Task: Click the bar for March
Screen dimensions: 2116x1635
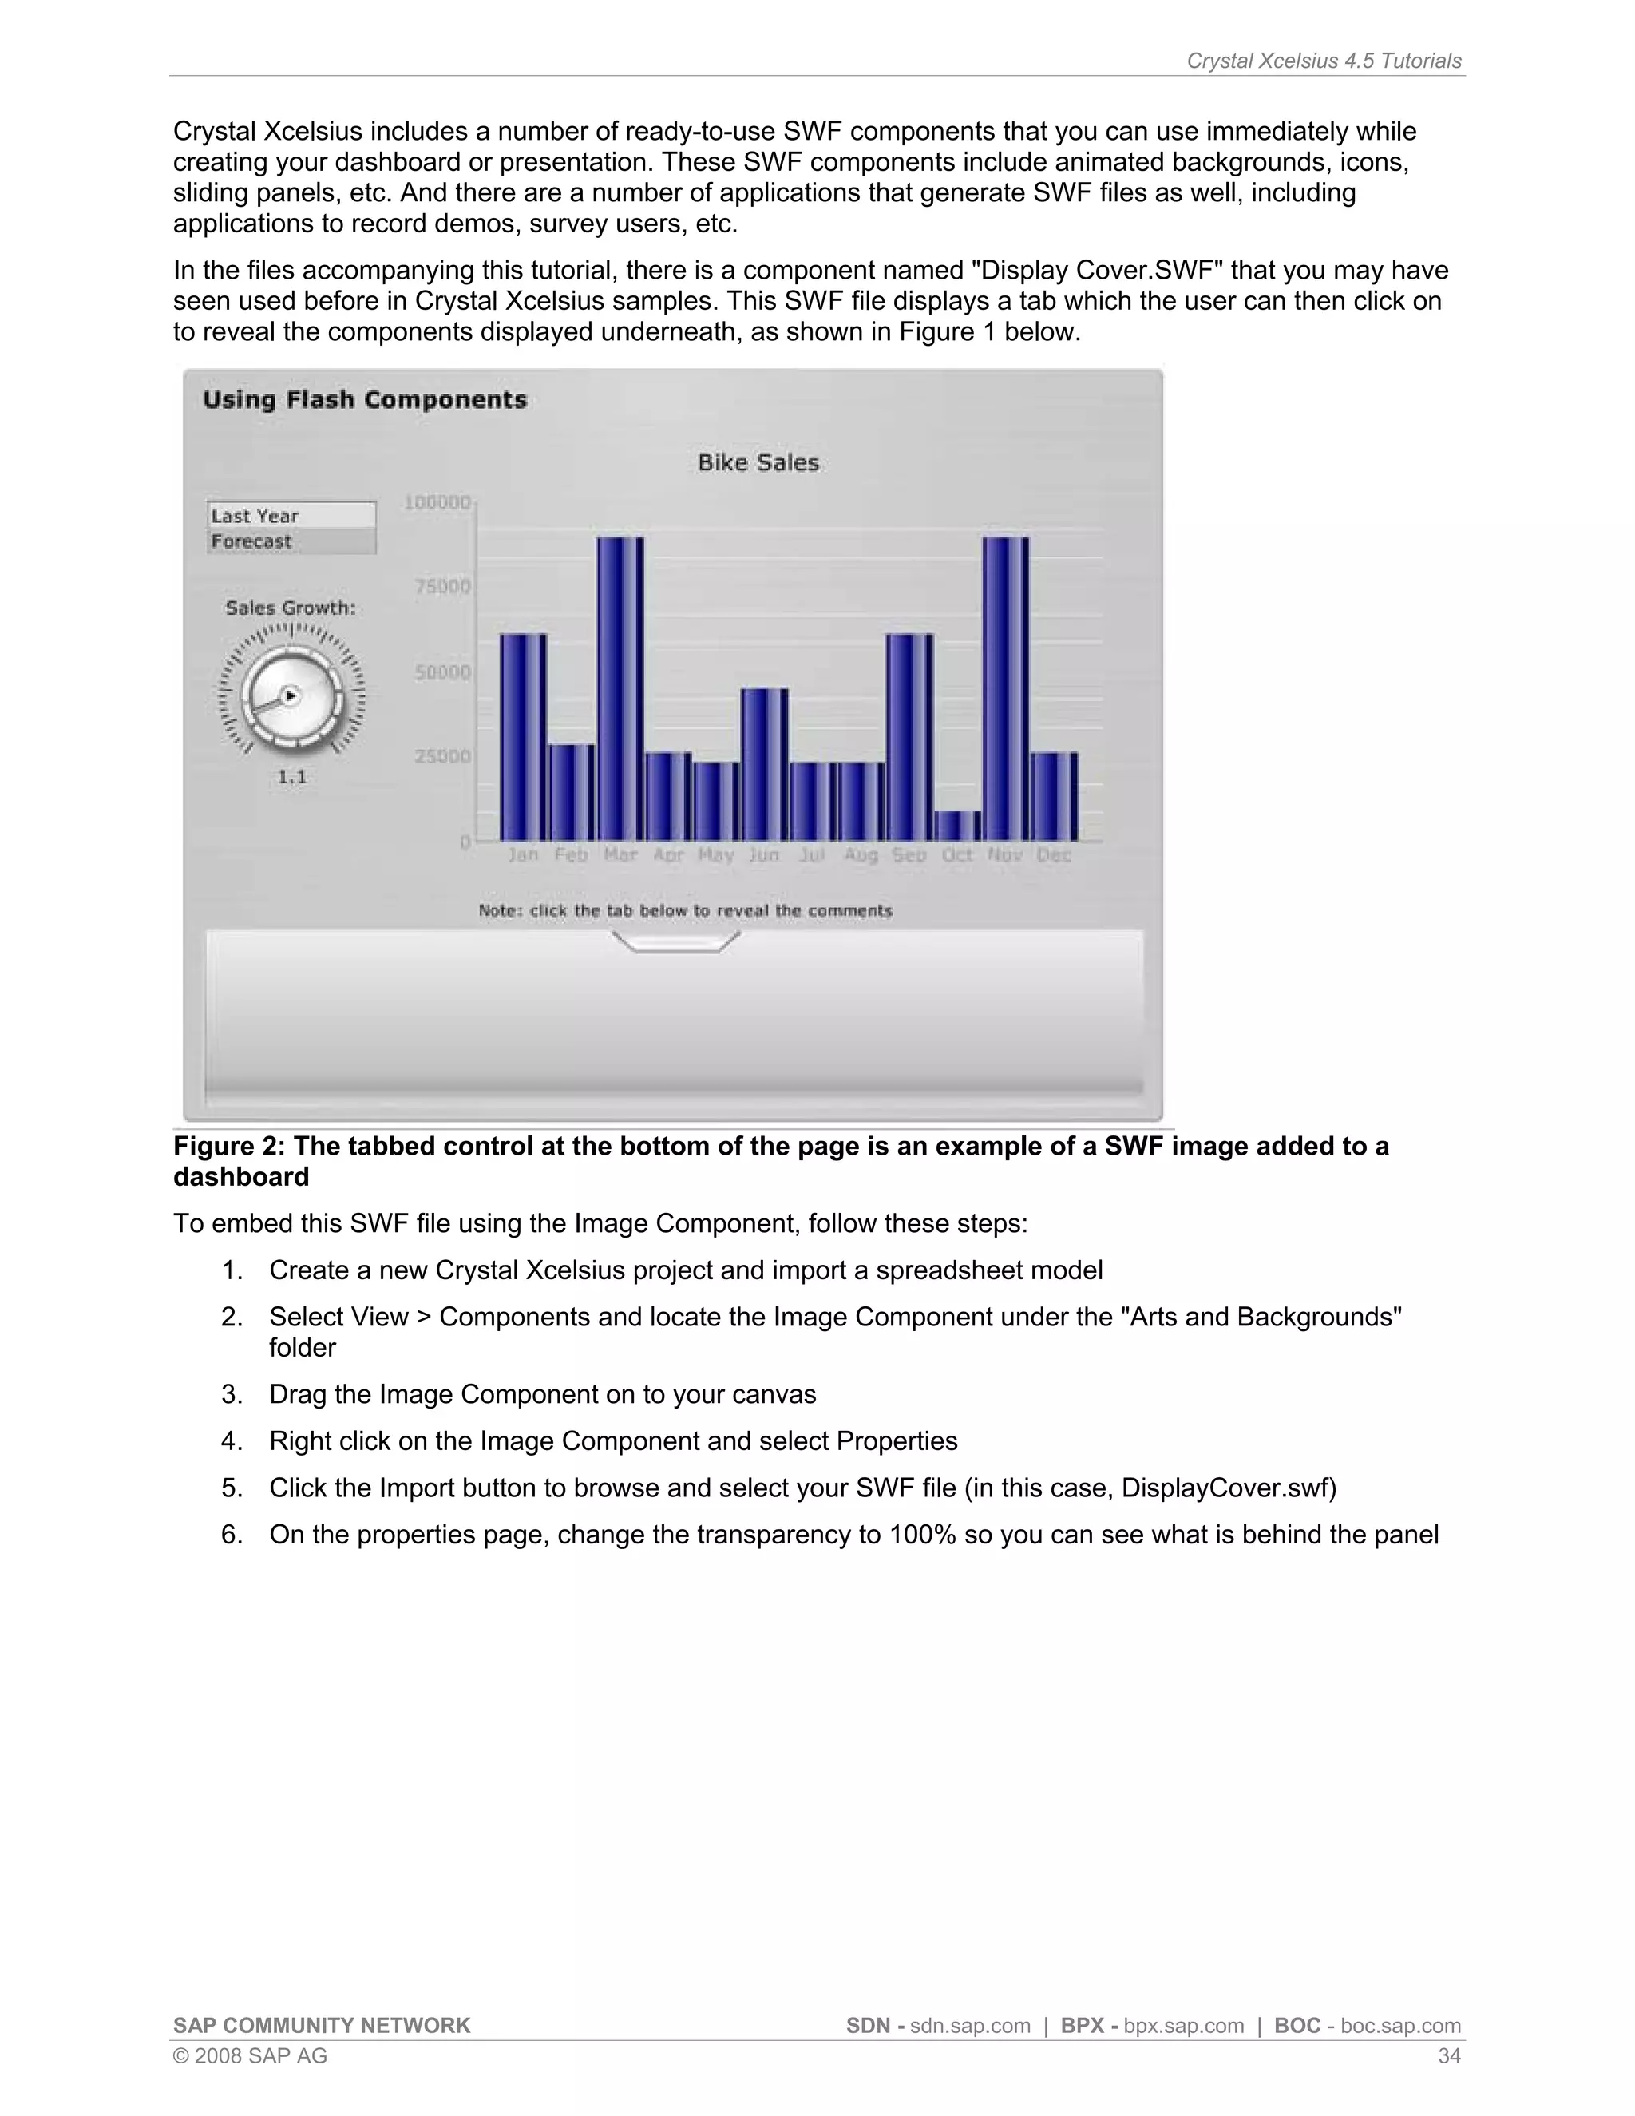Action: coord(620,688)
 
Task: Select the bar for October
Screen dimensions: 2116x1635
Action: coord(957,826)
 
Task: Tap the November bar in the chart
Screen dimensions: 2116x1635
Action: coord(1005,688)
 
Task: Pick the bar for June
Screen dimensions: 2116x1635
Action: coord(764,763)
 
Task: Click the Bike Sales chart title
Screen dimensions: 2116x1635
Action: coord(758,463)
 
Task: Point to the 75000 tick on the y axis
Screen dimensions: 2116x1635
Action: coord(442,586)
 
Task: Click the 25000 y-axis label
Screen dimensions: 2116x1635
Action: coord(442,755)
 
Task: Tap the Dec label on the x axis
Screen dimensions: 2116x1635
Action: coord(1054,855)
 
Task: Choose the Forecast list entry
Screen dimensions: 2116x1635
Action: coord(291,541)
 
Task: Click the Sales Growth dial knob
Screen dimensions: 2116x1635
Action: coord(291,695)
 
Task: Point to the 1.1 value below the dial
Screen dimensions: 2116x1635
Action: coord(291,777)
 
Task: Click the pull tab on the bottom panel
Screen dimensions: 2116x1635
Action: coord(676,941)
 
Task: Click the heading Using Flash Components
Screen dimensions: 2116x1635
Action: coord(365,400)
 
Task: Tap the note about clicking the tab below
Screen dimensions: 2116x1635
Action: coord(685,911)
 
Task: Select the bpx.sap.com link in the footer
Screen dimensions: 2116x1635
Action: coord(1184,2026)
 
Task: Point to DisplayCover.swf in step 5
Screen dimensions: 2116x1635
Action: coord(1223,1488)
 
